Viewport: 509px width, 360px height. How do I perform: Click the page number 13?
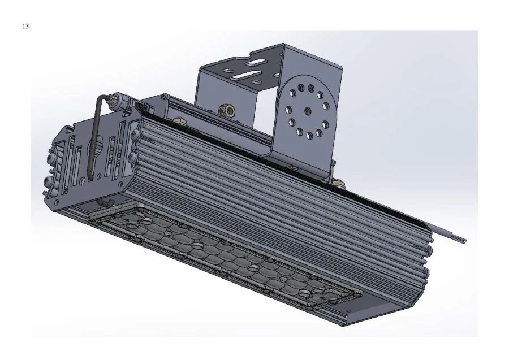(x=25, y=26)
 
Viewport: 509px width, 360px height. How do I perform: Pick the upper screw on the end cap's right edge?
(x=135, y=134)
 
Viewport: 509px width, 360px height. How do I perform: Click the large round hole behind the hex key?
(x=96, y=148)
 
